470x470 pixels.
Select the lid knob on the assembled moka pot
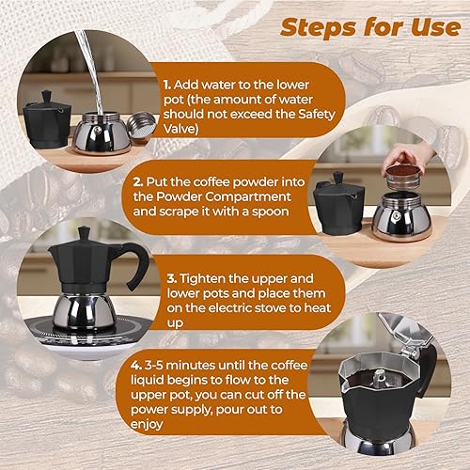point(83,232)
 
